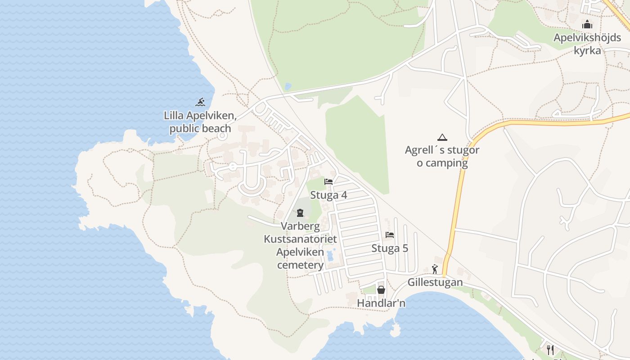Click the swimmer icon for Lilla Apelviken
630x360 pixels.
pos(200,102)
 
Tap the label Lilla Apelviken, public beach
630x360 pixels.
pos(200,122)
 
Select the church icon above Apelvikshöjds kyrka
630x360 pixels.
pos(587,25)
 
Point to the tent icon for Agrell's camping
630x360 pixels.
pos(442,138)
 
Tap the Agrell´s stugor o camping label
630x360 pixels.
pos(442,156)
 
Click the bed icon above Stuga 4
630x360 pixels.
pos(328,182)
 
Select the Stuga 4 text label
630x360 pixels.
pos(328,195)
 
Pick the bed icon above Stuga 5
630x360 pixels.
pos(390,235)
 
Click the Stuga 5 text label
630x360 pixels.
pos(390,248)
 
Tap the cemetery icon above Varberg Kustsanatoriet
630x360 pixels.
pos(300,212)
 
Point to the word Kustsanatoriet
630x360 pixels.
pos(300,239)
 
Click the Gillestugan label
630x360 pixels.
pos(435,283)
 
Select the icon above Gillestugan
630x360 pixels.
pos(435,269)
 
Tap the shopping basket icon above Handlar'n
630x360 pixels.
pos(381,290)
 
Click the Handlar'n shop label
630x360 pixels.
pos(381,304)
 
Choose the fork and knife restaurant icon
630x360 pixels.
pos(550,349)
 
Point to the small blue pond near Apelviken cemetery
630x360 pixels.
pos(331,256)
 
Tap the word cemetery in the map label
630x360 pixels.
pos(300,265)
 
